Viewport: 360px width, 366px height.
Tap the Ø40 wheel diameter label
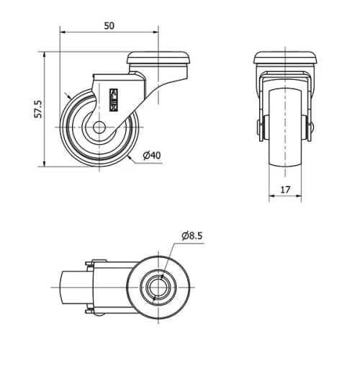click(x=151, y=156)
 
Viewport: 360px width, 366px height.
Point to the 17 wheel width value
click(x=286, y=190)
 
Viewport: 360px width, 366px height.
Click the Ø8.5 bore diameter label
click(x=192, y=235)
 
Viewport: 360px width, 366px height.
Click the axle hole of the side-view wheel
click(x=99, y=130)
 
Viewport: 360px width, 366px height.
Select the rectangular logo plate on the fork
click(x=113, y=99)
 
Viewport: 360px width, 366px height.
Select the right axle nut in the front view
click(x=312, y=129)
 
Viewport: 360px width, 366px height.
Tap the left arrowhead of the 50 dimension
click(x=63, y=32)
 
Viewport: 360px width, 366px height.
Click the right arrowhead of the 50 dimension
click(x=155, y=32)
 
